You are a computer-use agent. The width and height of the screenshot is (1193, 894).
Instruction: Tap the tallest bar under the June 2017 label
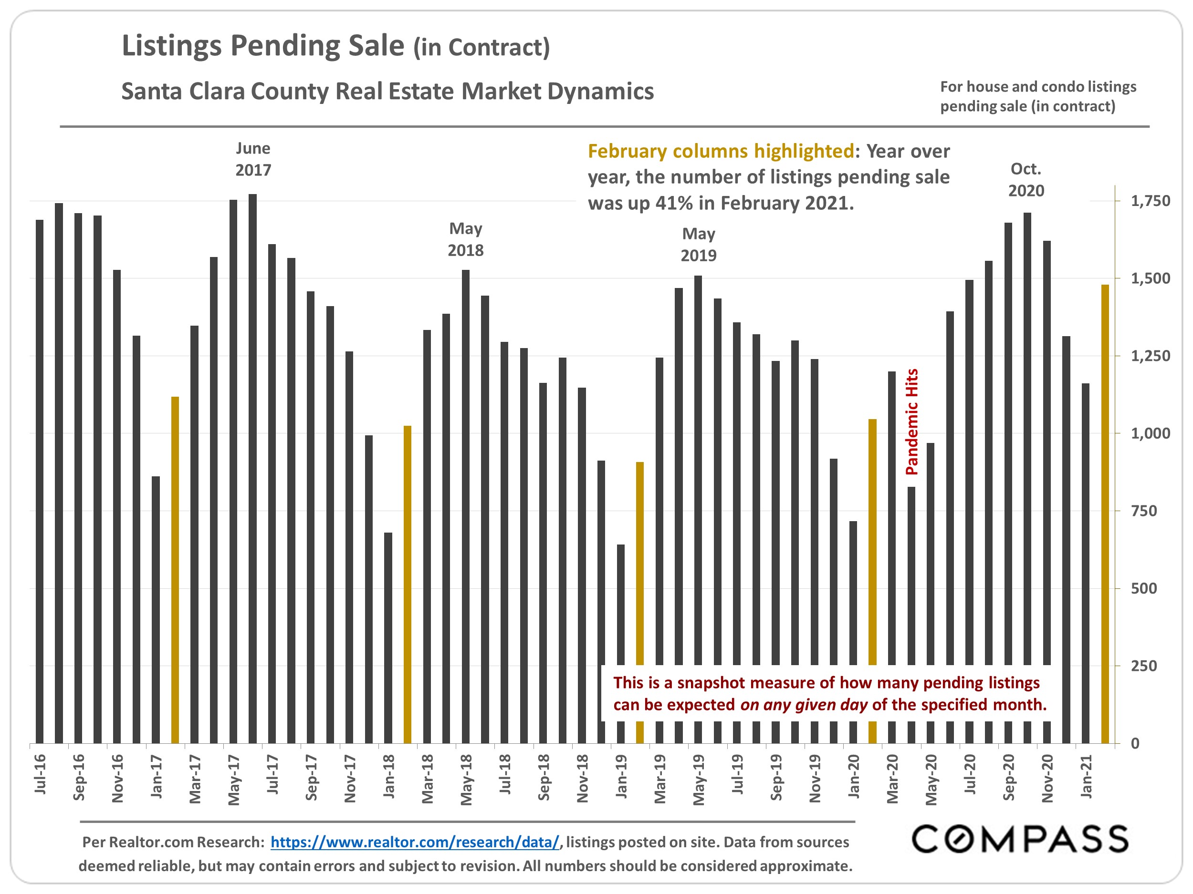[x=252, y=469]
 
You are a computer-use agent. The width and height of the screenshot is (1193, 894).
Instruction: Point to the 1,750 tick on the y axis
[x=1151, y=201]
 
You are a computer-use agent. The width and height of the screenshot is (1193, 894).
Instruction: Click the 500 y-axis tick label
[x=1143, y=588]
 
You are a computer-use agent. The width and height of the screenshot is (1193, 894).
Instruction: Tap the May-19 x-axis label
[x=699, y=779]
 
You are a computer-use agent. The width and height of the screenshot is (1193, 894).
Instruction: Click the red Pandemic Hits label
[x=911, y=421]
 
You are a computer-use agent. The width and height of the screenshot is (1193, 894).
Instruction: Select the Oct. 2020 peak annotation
[x=1026, y=179]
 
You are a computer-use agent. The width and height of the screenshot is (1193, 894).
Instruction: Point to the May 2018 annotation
[x=465, y=239]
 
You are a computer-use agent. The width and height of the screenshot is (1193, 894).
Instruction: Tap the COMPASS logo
[x=1020, y=839]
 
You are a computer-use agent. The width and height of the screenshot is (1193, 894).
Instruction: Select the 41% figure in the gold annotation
[x=674, y=203]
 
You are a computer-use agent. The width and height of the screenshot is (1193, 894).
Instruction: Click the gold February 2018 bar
[x=407, y=585]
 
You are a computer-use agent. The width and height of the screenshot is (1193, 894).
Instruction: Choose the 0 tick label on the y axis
[x=1135, y=743]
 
